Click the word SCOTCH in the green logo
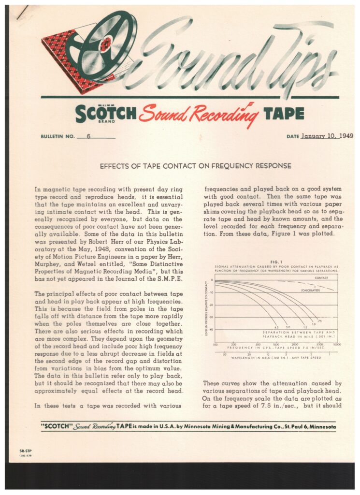pos(106,113)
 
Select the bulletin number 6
pos(88,136)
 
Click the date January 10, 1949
pos(327,136)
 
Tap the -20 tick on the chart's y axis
pos(211,305)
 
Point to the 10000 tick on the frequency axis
pos(337,345)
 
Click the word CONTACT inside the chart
pos(321,278)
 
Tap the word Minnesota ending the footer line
pos(319,427)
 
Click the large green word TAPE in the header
pos(284,114)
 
